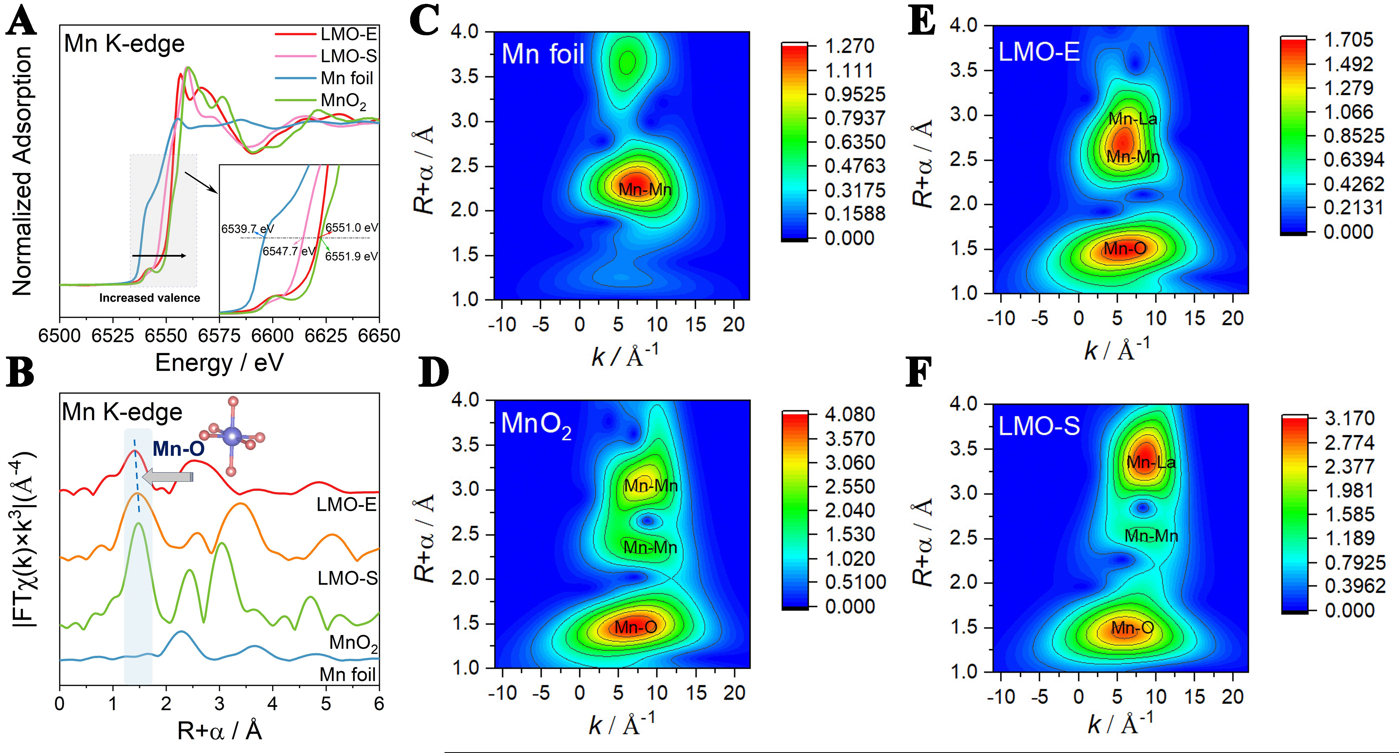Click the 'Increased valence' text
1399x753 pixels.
(x=149, y=298)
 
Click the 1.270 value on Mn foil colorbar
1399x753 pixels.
(x=849, y=46)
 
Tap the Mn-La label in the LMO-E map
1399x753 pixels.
(x=1133, y=119)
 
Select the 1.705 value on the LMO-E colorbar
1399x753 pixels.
(x=1348, y=40)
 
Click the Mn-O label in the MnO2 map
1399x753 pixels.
(x=636, y=627)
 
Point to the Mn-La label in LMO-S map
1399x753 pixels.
(x=1151, y=462)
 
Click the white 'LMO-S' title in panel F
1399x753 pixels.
(x=1039, y=426)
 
